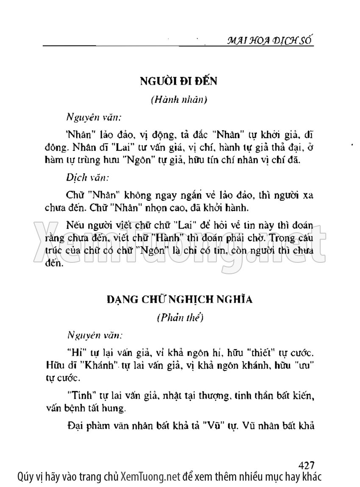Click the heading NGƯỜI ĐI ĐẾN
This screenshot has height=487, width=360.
(x=178, y=81)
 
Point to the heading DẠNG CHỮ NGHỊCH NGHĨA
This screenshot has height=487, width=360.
(x=180, y=300)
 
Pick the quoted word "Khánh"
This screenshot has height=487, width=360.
(x=101, y=365)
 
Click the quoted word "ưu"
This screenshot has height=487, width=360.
(x=304, y=365)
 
